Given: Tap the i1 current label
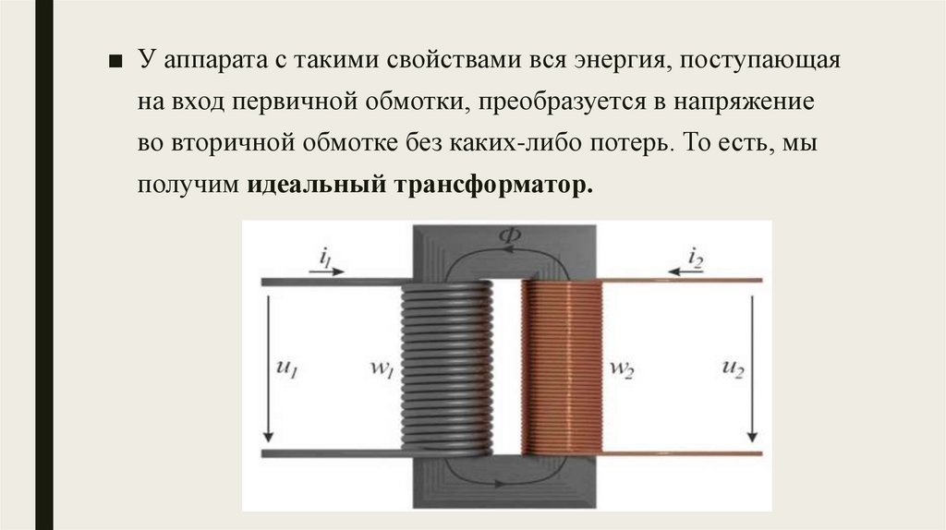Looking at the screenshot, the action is click(325, 258).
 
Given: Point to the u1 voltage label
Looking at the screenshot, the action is click(287, 368).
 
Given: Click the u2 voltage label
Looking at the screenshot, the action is click(732, 368).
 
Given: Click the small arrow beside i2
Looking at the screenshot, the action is click(683, 271).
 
